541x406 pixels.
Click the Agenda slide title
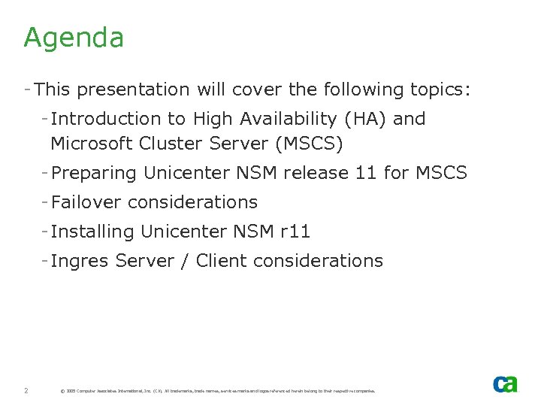tap(74, 38)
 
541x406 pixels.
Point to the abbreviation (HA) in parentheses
tap(364, 119)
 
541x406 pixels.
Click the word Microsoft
tap(92, 143)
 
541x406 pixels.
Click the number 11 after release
tap(365, 173)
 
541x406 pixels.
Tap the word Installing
tap(92, 232)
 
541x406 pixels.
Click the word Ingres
tap(80, 261)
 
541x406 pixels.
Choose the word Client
tap(222, 261)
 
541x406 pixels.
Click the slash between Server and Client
tap(185, 261)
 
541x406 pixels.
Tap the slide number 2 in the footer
tap(26, 390)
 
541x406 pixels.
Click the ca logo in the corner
tap(505, 383)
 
